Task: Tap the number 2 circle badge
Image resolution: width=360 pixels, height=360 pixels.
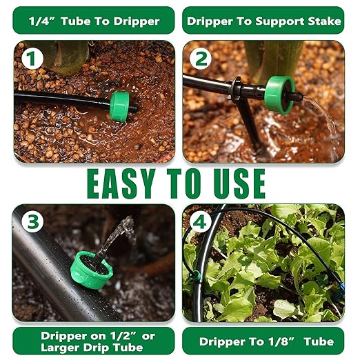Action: pos(201,60)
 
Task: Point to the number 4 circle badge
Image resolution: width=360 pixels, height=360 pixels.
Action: pos(201,223)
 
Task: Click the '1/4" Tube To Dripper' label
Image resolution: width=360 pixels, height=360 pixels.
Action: pos(94,21)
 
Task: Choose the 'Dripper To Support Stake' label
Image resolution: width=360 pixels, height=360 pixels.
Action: pos(264,21)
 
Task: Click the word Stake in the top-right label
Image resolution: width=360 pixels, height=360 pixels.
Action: pos(325,21)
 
